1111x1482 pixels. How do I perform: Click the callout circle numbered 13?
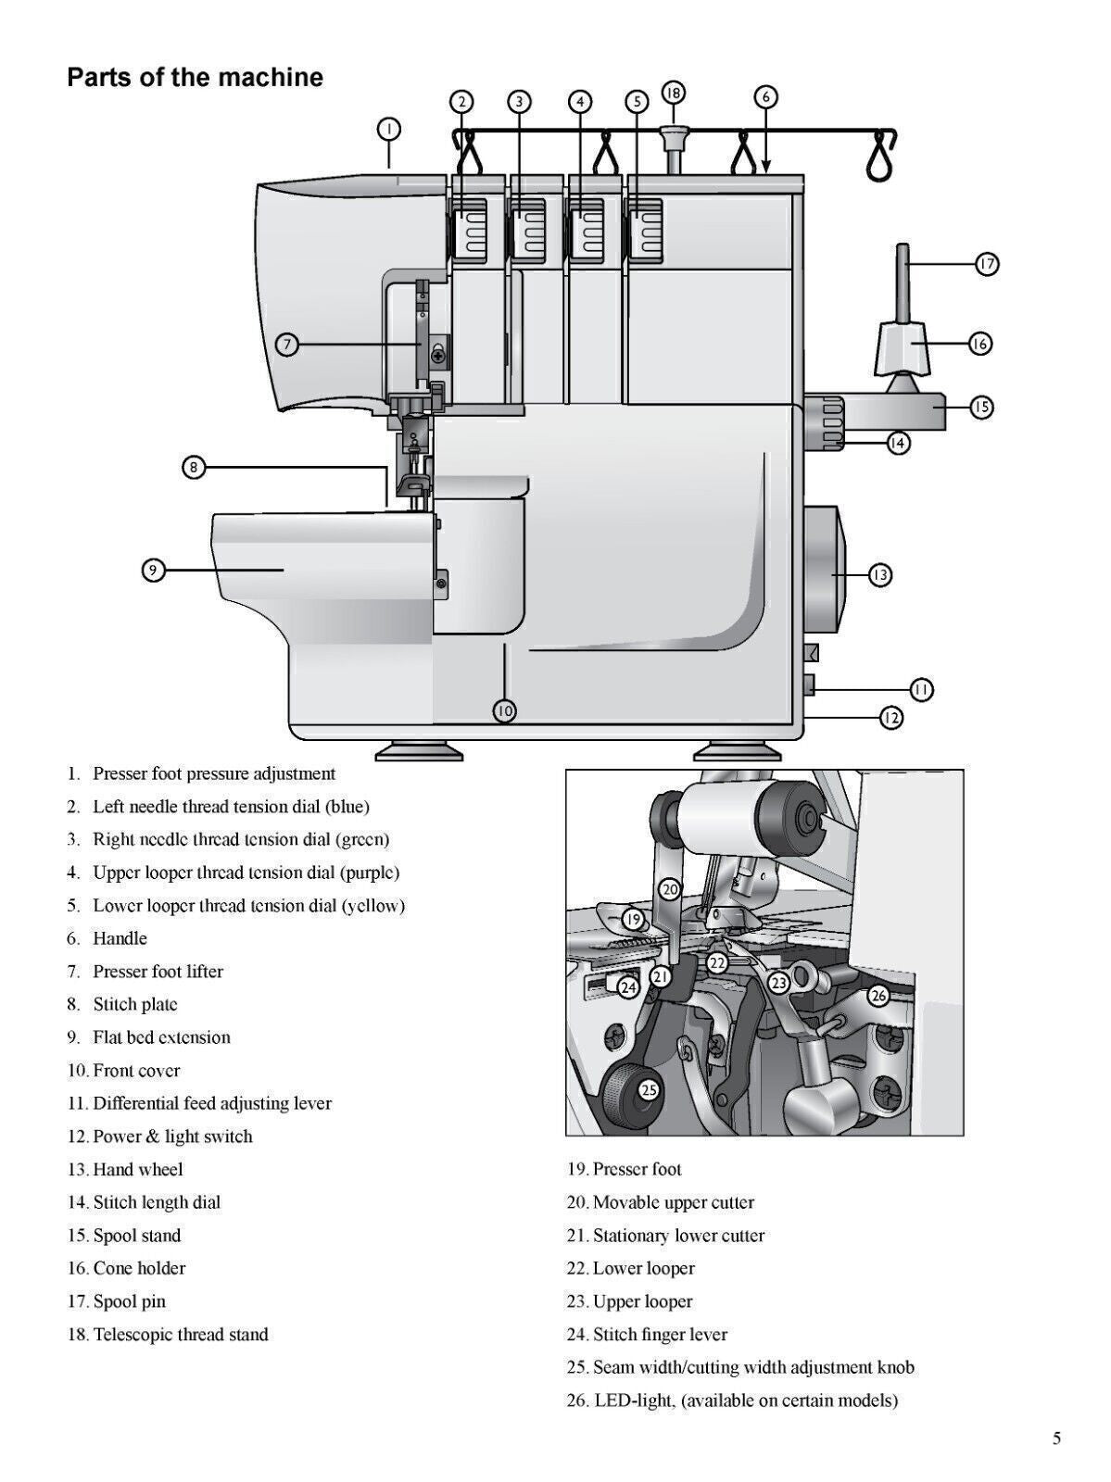click(x=879, y=575)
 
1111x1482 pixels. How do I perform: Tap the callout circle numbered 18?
click(x=674, y=93)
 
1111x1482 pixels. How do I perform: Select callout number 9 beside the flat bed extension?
click(x=154, y=570)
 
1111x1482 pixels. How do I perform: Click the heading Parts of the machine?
click(x=195, y=77)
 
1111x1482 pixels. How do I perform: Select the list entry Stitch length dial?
click(x=156, y=1202)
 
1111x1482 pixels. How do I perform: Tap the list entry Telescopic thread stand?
click(x=180, y=1335)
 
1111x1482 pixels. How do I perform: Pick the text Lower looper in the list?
click(x=643, y=1268)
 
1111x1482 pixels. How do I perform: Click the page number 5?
click(x=1056, y=1438)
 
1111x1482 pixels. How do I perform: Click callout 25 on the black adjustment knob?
click(x=649, y=1090)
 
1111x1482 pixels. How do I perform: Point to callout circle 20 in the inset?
click(x=670, y=889)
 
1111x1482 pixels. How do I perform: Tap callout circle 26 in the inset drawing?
click(x=878, y=996)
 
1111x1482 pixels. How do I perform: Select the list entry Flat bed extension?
click(x=161, y=1037)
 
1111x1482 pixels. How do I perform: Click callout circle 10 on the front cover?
click(x=504, y=710)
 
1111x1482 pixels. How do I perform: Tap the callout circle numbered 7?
click(x=287, y=345)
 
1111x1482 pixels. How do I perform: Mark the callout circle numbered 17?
click(x=987, y=264)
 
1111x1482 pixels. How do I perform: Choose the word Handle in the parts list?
click(x=120, y=938)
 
